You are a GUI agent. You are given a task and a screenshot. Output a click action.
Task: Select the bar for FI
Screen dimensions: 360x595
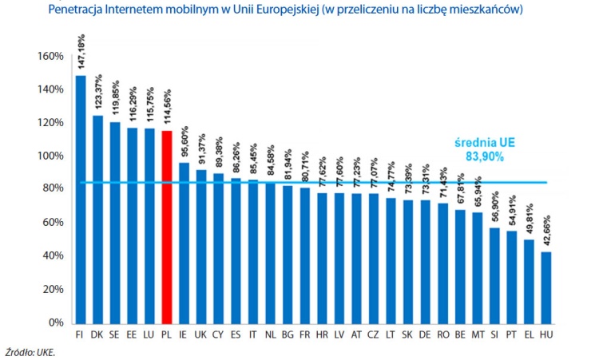[81, 199]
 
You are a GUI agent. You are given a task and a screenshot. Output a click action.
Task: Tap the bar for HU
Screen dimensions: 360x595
[546, 287]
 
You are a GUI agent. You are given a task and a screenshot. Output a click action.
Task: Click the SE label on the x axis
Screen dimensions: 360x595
[115, 333]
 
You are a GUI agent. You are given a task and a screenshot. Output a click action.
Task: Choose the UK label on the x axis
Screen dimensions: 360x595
[201, 333]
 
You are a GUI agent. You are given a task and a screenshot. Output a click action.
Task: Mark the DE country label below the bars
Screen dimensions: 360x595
[426, 333]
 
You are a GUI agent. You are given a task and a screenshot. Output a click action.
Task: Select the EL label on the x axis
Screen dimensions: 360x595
[529, 333]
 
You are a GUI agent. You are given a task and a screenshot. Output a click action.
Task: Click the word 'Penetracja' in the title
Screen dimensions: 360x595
[78, 10]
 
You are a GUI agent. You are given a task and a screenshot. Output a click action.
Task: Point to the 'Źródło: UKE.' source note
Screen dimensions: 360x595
[31, 350]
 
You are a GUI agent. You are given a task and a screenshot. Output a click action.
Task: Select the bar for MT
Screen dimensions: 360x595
[478, 267]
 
